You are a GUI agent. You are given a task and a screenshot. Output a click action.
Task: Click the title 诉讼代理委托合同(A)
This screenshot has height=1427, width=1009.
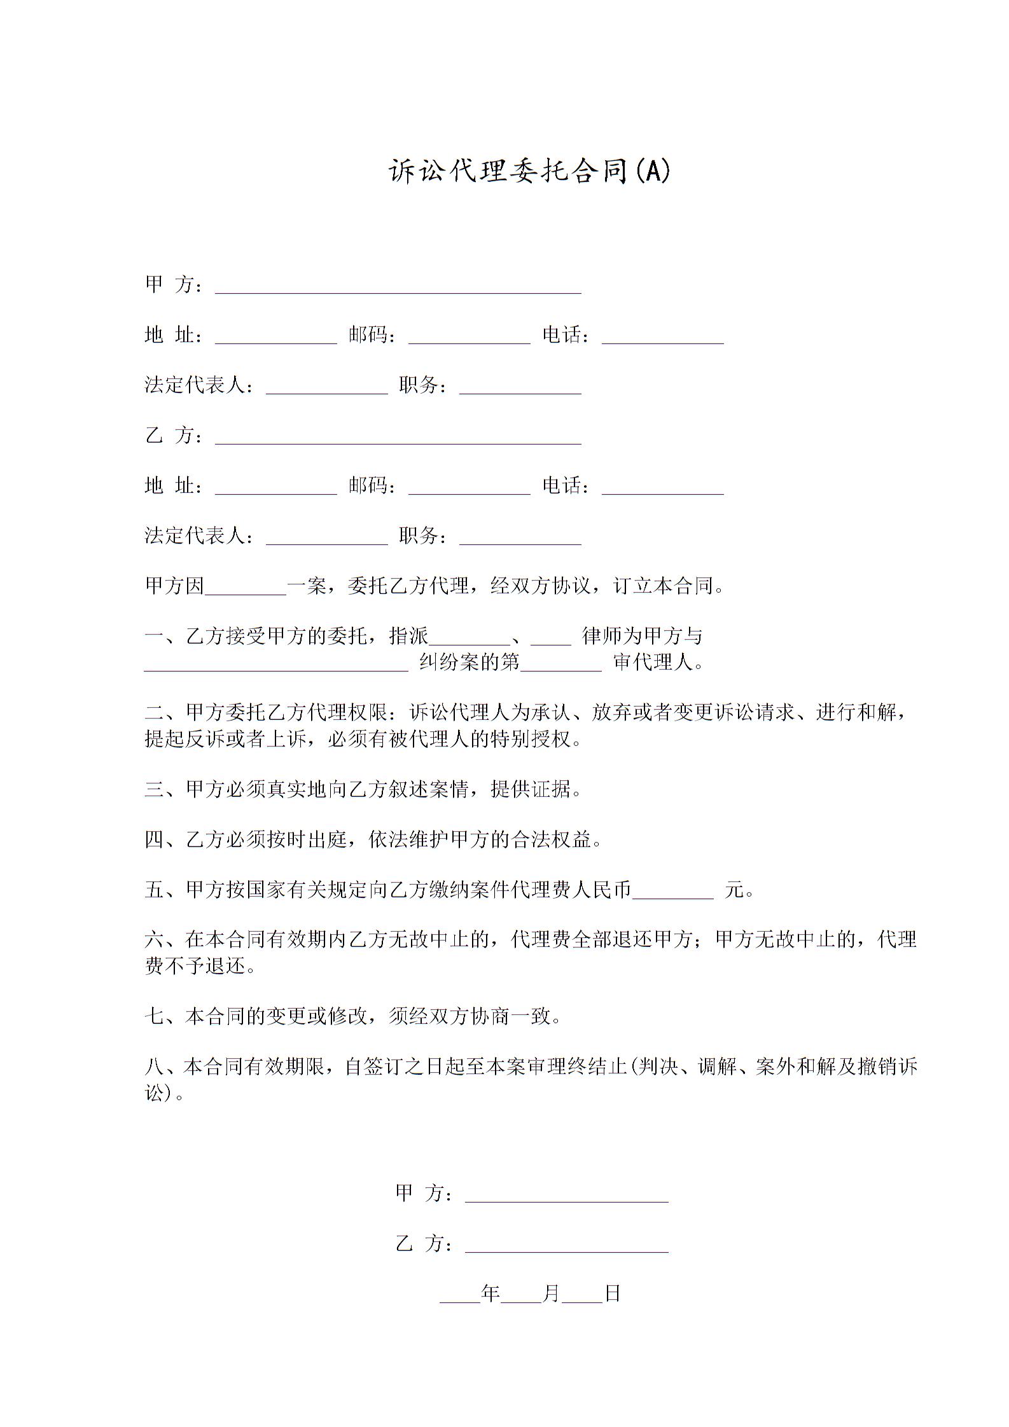coord(529,172)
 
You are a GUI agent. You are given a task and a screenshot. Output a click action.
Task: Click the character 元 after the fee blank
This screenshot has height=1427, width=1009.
coord(735,890)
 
